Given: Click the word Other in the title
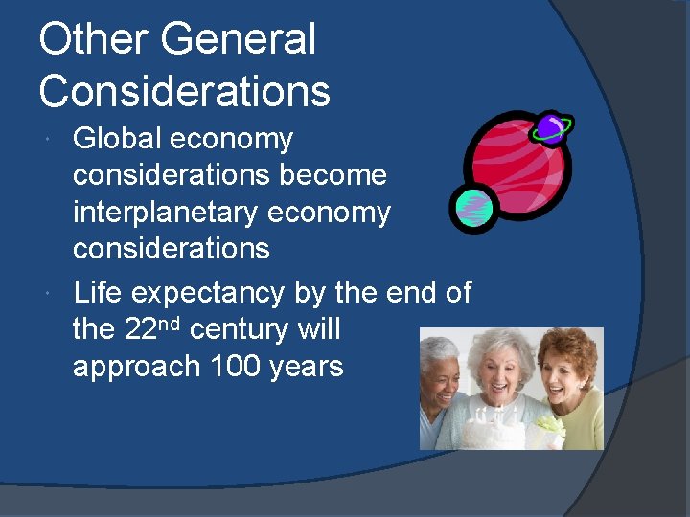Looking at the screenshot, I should pos(92,40).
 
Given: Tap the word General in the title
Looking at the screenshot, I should pos(238,40).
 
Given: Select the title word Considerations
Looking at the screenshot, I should pos(185,92).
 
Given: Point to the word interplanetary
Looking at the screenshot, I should pos(166,213).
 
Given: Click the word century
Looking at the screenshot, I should pos(240,330).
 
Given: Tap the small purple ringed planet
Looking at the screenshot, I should pos(550,127).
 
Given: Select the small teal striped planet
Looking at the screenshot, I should pos(472,208).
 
